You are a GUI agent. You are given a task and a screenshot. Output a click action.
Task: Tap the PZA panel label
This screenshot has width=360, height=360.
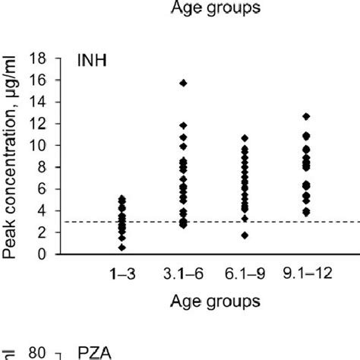coord(94,353)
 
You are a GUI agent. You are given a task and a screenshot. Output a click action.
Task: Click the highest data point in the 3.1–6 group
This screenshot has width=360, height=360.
coord(183,82)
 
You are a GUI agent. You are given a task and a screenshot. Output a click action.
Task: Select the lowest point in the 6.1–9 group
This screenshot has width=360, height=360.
coord(244,235)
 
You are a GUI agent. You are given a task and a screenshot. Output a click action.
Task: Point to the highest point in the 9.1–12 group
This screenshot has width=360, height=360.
coord(305,116)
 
